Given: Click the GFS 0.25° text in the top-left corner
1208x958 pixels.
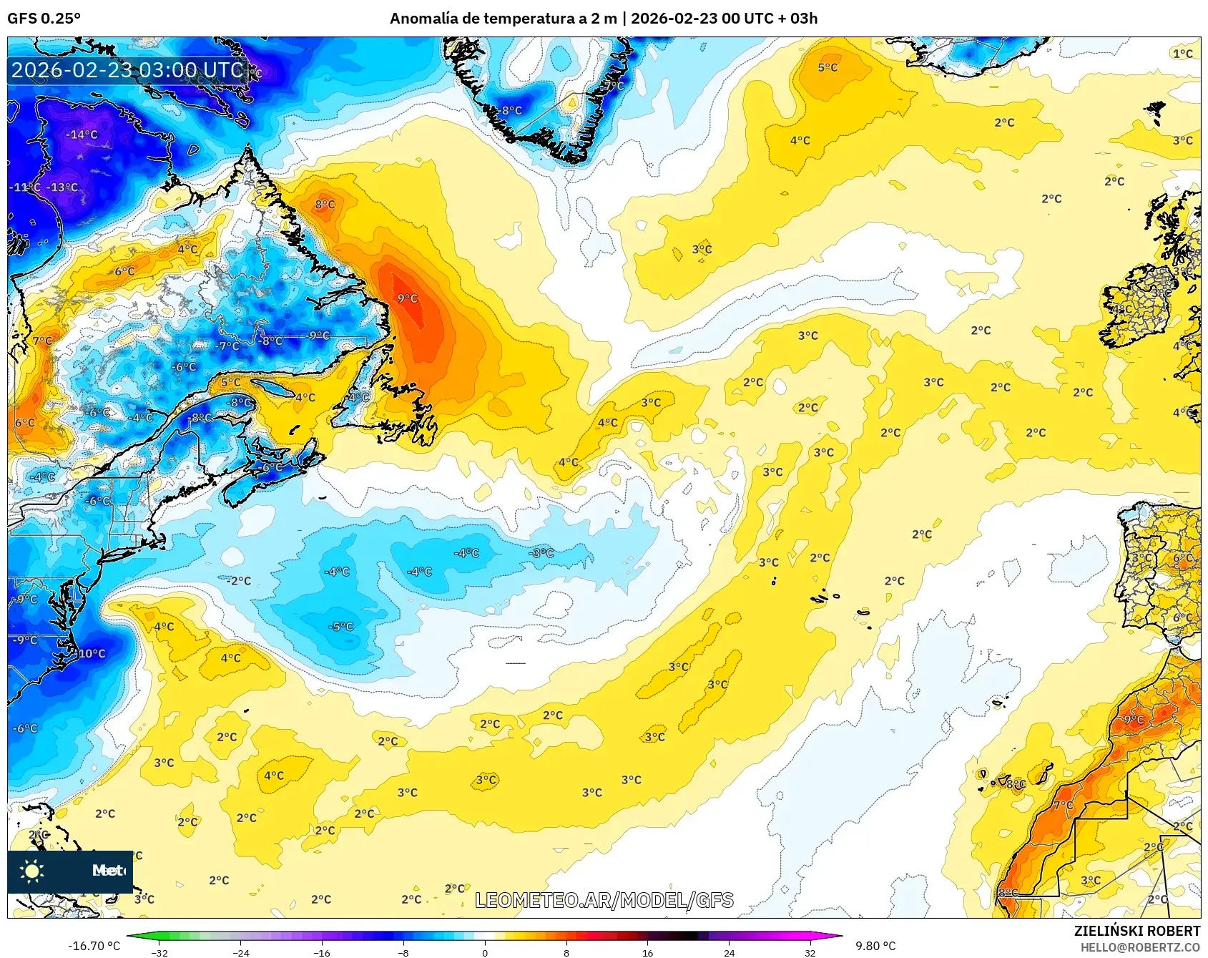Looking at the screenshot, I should click(44, 19).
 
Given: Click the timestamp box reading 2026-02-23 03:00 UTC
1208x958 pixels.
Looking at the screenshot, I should click(127, 70).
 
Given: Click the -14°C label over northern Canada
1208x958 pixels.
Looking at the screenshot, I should click(82, 135).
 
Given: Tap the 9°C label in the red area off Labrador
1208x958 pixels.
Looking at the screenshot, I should click(407, 298).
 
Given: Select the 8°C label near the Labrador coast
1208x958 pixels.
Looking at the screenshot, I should click(325, 204).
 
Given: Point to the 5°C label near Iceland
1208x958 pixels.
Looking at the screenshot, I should click(828, 67).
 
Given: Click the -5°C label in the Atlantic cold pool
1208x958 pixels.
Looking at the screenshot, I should click(340, 626).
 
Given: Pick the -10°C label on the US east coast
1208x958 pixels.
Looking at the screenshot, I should click(91, 653).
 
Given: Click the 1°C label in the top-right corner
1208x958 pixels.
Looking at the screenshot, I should click(1183, 53).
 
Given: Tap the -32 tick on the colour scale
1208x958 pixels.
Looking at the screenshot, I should click(159, 952).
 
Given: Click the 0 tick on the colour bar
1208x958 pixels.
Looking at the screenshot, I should click(485, 952).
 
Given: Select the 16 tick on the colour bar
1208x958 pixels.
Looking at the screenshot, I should click(647, 952).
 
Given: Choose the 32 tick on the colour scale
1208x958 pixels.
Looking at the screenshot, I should click(810, 952).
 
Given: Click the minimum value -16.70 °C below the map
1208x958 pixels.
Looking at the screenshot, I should click(94, 946).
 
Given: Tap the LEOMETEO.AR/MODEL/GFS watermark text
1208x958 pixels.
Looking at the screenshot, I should click(604, 900).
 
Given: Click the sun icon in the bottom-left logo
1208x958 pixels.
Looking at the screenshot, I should click(32, 871).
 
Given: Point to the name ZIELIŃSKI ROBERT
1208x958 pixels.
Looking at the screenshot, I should click(1136, 931).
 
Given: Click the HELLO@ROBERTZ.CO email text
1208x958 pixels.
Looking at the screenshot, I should click(1140, 947).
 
